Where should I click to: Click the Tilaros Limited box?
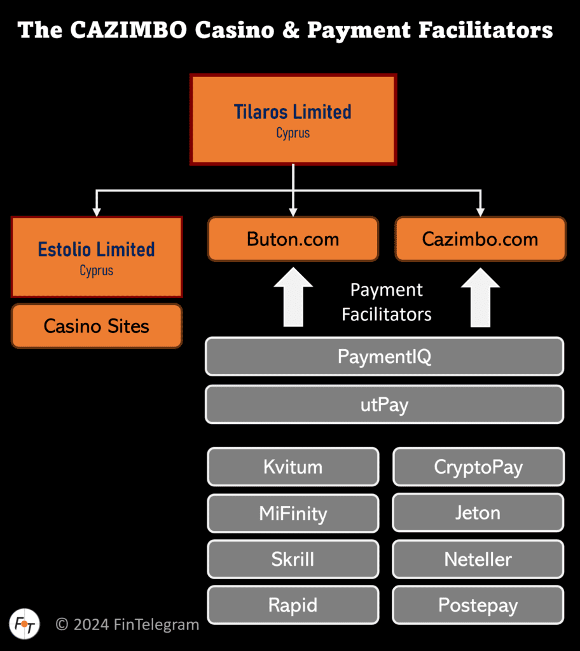293,120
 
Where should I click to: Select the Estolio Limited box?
97,257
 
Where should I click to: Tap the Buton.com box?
293,239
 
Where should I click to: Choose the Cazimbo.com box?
480,239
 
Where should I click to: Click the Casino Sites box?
97,326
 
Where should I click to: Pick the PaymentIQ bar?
384,357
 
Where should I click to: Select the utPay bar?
384,404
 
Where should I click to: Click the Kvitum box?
293,467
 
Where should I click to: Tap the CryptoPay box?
478,467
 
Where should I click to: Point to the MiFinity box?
293,513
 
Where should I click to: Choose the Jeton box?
478,513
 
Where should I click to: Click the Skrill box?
293,559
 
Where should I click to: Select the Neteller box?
478,559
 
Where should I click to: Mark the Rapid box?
293,605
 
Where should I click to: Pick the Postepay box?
478,605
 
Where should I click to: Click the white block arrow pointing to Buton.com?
293,297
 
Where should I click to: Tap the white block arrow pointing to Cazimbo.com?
480,297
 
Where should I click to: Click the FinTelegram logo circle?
25,624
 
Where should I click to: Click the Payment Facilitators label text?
387,302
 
